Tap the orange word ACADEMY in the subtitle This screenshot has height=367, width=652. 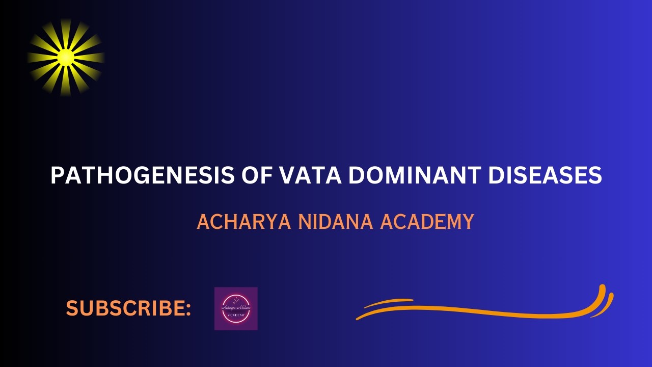pos(427,222)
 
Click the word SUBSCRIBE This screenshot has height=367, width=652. pos(125,308)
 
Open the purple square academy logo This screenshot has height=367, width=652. pos(236,308)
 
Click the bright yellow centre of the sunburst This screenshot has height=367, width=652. pos(66,57)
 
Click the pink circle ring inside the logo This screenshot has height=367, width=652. pos(236,297)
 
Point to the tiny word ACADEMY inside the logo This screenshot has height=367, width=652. pos(236,316)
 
